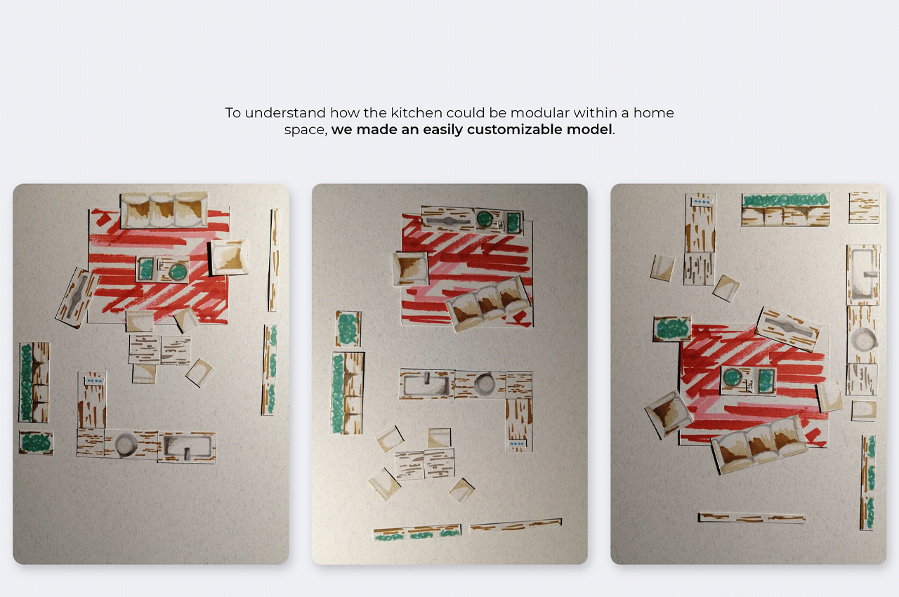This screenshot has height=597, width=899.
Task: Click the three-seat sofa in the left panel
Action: click(164, 210)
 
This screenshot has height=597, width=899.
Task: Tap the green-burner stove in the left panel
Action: click(162, 269)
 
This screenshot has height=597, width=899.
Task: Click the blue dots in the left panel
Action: click(95, 381)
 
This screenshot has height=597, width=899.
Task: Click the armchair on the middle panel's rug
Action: click(411, 268)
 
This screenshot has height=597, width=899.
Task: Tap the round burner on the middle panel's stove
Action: click(485, 219)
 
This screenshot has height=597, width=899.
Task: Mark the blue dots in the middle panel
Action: click(516, 444)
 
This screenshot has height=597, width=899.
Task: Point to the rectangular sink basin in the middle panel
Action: click(426, 383)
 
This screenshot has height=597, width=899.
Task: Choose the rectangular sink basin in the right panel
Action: click(862, 275)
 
